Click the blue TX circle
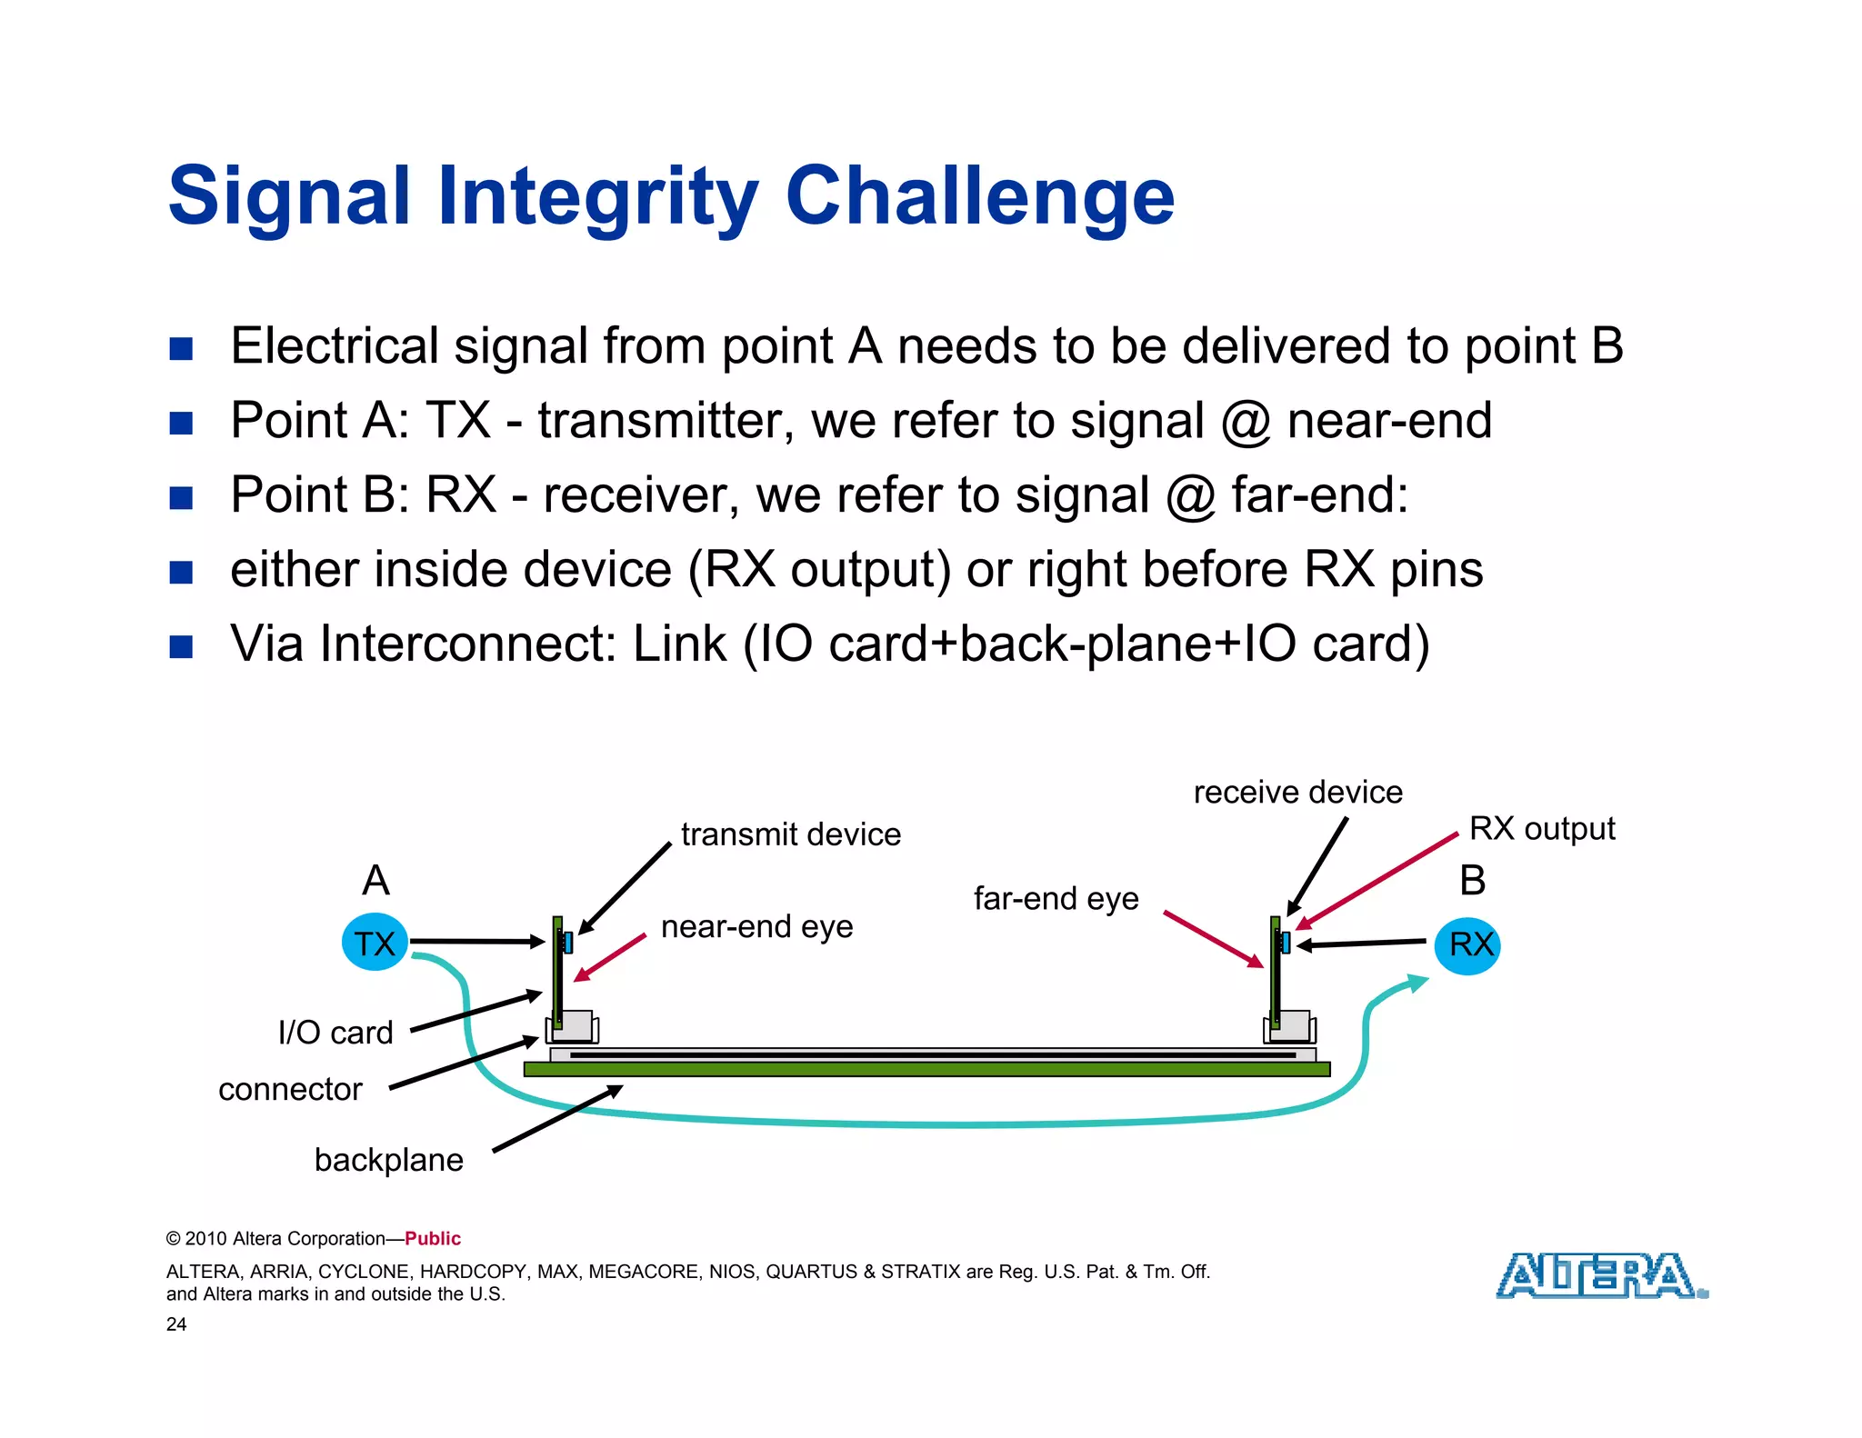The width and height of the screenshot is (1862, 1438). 374,943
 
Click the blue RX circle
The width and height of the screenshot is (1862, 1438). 1467,945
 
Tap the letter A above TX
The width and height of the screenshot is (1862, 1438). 375,881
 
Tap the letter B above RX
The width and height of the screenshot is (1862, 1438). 1472,881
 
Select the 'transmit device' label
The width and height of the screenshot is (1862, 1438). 790,834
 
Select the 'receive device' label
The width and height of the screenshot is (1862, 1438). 1297,793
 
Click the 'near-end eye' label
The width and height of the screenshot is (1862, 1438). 756,927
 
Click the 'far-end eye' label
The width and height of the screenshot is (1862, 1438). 1056,899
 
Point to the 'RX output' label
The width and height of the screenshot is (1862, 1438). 1542,829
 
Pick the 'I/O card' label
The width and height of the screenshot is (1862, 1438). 335,1033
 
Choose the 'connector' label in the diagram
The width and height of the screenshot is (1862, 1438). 290,1089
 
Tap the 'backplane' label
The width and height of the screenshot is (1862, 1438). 388,1160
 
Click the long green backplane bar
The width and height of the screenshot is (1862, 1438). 927,1070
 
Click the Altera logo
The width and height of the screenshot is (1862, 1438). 1600,1275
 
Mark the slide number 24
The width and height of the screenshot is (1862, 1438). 176,1324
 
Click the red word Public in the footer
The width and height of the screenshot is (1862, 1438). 433,1239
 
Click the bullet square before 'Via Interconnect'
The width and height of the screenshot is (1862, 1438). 181,646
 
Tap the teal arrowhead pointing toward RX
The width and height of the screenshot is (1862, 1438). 1417,983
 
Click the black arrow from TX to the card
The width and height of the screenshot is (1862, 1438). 477,942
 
